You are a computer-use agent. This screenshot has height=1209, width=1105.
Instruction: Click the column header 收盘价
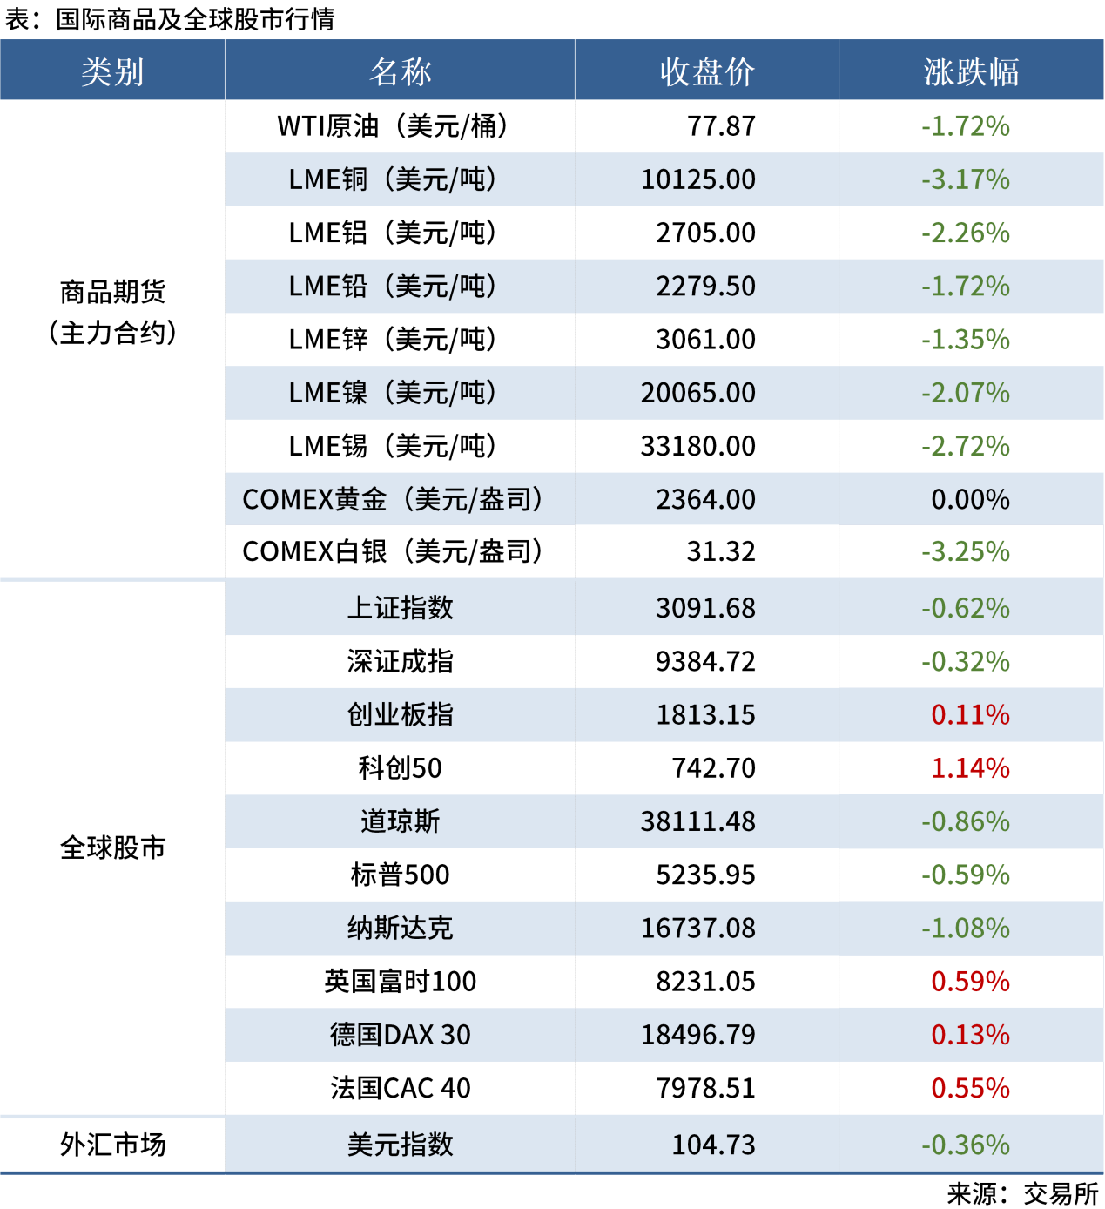point(706,71)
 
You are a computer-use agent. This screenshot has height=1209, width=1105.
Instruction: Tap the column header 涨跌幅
point(971,71)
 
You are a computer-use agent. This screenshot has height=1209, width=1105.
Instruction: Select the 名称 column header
point(400,71)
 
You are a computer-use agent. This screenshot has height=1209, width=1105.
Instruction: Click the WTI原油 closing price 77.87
point(721,126)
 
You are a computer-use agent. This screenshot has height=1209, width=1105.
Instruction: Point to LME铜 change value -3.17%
point(966,179)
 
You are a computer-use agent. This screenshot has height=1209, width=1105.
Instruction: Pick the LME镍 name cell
point(393,393)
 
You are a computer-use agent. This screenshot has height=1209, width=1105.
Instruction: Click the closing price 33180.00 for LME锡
point(698,446)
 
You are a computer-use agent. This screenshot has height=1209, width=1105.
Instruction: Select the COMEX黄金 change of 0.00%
point(970,499)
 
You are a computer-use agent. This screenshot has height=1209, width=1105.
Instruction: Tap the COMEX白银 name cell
point(393,551)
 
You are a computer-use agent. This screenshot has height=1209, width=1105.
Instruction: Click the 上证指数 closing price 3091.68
point(705,608)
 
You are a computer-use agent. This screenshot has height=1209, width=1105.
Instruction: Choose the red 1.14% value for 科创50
point(970,768)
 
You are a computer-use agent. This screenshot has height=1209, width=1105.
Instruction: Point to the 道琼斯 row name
point(400,821)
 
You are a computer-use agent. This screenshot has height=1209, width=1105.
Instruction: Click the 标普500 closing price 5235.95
point(705,875)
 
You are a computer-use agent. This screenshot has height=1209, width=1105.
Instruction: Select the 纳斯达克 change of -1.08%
point(966,928)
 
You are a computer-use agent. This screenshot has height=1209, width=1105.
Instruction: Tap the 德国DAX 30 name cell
point(400,1035)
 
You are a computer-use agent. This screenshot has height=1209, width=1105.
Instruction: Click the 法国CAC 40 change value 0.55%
point(970,1088)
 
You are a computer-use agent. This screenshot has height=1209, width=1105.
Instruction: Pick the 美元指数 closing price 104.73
point(713,1145)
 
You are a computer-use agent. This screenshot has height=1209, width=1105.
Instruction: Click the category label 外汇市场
point(112,1145)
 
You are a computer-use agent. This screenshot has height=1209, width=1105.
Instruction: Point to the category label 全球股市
point(112,848)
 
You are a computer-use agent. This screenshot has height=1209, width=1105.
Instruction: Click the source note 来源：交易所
point(1022,1193)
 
